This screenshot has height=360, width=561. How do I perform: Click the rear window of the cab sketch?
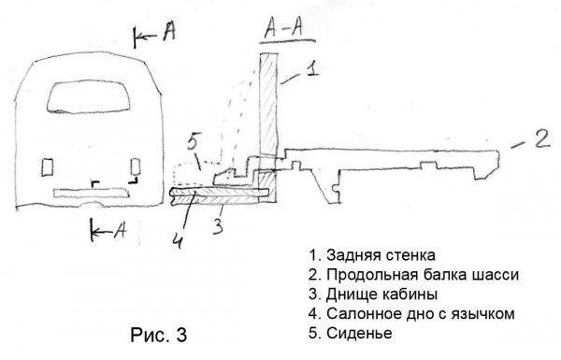[89, 96]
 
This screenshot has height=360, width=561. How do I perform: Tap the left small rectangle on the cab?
[48, 167]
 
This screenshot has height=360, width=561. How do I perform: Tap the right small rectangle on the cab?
[136, 166]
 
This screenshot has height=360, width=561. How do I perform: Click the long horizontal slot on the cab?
[92, 193]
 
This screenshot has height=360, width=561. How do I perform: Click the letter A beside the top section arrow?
[169, 31]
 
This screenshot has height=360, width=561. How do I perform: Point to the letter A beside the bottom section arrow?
[121, 230]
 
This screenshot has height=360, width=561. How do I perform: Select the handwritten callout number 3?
[218, 226]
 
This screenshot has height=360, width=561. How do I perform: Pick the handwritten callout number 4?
[178, 239]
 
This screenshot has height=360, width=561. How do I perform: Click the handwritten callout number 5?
[194, 143]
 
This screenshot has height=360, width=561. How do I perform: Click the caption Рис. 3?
[159, 335]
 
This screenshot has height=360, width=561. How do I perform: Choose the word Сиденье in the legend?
[359, 333]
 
